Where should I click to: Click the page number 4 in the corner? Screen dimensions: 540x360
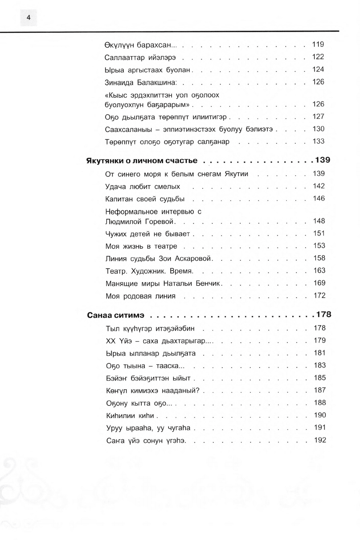[x=28, y=18]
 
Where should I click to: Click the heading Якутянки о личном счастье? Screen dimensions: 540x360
[x=142, y=161]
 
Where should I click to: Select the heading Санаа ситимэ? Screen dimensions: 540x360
[x=116, y=315]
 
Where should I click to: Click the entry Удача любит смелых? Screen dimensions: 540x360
[x=143, y=186]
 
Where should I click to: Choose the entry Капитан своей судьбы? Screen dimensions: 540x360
[x=145, y=199]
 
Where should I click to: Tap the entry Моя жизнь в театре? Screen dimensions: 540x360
[x=141, y=246]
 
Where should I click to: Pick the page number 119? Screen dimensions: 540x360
[x=318, y=44]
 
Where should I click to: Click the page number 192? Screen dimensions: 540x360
[x=320, y=440]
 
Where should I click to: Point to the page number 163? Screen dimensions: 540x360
[x=319, y=271]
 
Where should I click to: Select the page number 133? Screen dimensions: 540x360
[x=318, y=141]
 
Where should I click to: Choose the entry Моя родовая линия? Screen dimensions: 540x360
[x=140, y=296]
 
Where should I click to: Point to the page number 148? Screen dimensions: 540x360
[x=319, y=221]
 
